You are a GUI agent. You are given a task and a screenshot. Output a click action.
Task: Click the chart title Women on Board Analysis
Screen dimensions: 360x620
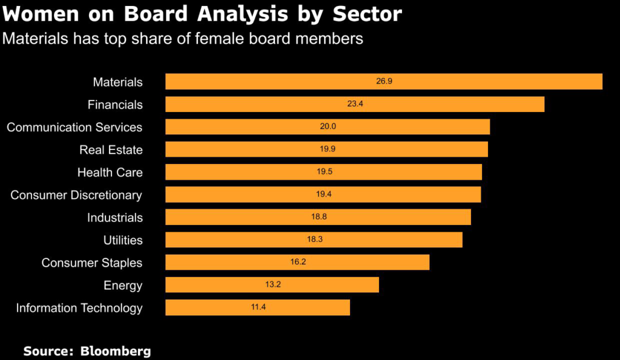click(x=202, y=14)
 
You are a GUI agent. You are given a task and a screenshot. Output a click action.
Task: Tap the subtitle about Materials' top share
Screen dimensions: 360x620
click(x=183, y=39)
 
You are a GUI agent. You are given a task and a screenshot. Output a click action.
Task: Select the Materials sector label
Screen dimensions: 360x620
click(x=117, y=82)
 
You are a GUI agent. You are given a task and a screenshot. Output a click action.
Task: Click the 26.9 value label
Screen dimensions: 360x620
click(x=384, y=81)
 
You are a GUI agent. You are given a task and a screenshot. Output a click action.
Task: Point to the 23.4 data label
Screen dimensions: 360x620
click(x=355, y=104)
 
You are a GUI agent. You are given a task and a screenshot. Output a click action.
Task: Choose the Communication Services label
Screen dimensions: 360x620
click(x=74, y=127)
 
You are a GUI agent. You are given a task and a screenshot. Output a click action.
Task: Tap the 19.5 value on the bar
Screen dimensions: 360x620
click(x=325, y=172)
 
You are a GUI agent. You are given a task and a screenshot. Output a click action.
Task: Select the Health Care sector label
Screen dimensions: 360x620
click(x=110, y=172)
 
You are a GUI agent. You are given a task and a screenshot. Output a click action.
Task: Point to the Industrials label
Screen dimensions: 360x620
click(x=115, y=217)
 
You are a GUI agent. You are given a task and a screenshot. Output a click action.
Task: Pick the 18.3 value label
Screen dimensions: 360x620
click(x=315, y=240)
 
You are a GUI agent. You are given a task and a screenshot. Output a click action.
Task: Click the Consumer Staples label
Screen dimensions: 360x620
click(x=92, y=263)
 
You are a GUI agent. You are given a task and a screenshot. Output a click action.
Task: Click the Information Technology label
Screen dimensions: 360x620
click(x=79, y=308)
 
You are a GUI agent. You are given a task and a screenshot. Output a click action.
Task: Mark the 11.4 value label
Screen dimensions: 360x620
click(x=258, y=307)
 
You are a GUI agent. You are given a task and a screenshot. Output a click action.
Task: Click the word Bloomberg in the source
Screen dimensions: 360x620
click(x=116, y=351)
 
